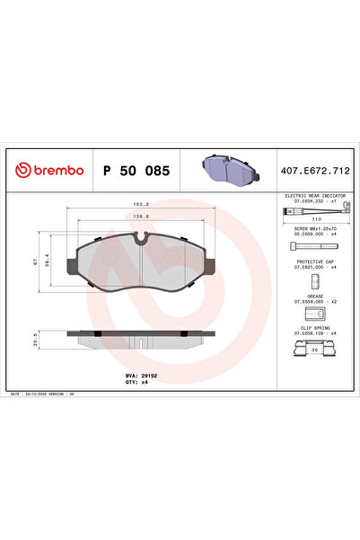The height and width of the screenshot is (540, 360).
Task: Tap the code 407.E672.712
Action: coord(314,169)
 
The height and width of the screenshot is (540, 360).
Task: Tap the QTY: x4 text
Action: coord(136,381)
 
